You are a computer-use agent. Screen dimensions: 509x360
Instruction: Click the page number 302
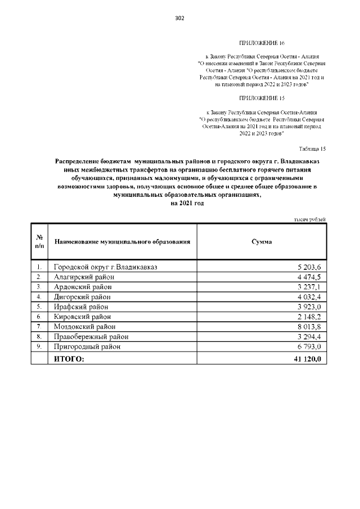180,18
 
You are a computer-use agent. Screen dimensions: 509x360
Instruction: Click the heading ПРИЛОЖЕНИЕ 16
262,43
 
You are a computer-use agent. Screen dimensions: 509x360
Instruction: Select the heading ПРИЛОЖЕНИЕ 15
262,97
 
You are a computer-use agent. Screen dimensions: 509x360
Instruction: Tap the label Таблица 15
311,148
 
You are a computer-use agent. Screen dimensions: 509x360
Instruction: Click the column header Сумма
262,241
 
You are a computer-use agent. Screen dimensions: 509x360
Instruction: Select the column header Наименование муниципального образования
122,241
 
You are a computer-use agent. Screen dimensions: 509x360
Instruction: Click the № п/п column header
39,241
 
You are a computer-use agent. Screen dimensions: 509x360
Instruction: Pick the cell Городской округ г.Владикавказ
105,267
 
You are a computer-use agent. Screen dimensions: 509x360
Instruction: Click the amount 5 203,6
309,267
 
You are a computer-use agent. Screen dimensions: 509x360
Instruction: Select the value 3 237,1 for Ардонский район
309,287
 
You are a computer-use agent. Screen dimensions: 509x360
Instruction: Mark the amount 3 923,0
309,307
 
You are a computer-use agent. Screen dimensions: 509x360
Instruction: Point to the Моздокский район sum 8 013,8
309,327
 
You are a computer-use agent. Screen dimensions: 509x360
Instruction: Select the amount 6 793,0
309,347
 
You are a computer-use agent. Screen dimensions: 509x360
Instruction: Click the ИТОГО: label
69,358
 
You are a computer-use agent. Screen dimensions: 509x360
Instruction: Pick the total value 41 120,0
307,358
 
